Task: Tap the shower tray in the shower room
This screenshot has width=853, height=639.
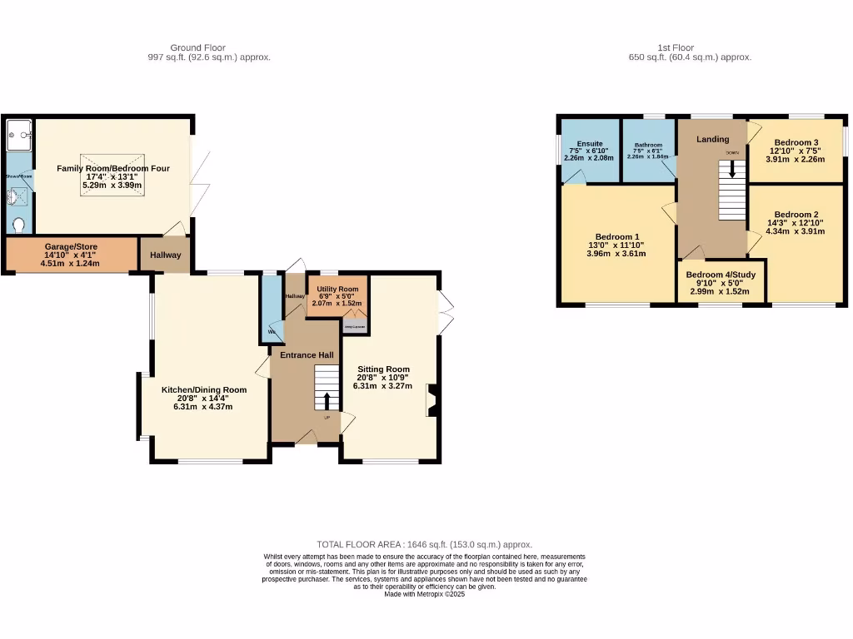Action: click(18, 133)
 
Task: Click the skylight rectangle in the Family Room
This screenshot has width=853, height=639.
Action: click(112, 175)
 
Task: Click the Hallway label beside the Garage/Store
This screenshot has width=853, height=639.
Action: click(165, 255)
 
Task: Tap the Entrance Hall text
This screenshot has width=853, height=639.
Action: click(307, 355)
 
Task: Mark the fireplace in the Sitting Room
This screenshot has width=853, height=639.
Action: click(431, 400)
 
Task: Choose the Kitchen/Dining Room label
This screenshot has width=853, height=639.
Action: click(204, 389)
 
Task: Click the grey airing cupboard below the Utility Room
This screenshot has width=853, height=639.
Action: click(354, 327)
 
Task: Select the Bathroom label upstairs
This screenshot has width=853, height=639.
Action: click(648, 145)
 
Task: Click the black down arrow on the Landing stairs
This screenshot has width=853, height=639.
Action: click(732, 169)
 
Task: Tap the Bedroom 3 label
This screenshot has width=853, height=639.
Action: click(796, 142)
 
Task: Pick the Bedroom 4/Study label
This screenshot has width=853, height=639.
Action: click(721, 274)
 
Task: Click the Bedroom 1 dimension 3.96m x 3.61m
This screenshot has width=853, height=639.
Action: click(617, 254)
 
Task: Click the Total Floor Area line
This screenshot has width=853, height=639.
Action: click(424, 544)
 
